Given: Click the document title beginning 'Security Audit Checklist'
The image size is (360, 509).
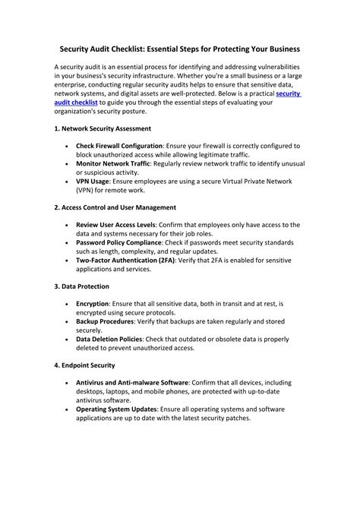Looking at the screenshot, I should pyautogui.click(x=179, y=49).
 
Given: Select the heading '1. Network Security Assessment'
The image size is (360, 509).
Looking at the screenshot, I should pyautogui.click(x=103, y=128).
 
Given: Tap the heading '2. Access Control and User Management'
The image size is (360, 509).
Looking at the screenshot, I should pyautogui.click(x=115, y=207).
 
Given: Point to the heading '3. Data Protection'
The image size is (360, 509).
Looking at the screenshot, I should pyautogui.click(x=82, y=286).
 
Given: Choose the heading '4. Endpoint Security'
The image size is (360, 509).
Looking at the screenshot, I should pyautogui.click(x=85, y=365).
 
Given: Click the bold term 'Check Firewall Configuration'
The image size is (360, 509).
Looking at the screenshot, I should pyautogui.click(x=119, y=145).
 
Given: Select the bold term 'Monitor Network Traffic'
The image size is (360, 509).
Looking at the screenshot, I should pyautogui.click(x=113, y=163).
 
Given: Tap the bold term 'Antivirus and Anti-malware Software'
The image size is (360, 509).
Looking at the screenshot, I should pyautogui.click(x=132, y=383).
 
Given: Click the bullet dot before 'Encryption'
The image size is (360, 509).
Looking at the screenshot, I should pyautogui.click(x=68, y=304).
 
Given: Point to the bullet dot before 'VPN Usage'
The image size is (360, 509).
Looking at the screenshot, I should pyautogui.click(x=68, y=181).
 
